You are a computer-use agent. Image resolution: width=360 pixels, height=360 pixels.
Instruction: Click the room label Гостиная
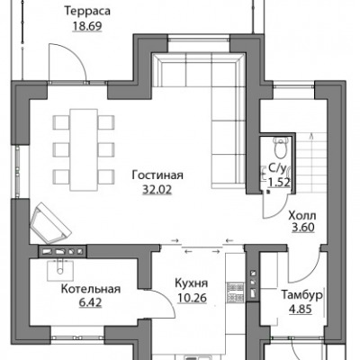pyautogui.click(x=157, y=175)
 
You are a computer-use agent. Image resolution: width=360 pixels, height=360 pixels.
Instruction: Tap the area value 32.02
pyautogui.click(x=157, y=190)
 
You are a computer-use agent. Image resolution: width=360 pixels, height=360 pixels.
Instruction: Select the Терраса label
pyautogui.click(x=87, y=11)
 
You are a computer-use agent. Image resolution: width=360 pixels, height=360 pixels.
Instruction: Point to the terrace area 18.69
pyautogui.click(x=87, y=26)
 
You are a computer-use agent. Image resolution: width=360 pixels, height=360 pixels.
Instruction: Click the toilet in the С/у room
pyautogui.click(x=282, y=148)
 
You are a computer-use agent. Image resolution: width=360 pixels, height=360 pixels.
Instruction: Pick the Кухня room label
pyautogui.click(x=191, y=283)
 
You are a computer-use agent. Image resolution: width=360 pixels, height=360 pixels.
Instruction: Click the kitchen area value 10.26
pyautogui.click(x=192, y=298)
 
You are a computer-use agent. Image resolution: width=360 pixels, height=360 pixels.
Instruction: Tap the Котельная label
pyautogui.click(x=91, y=289)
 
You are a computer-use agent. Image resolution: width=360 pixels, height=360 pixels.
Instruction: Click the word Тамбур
pyautogui.click(x=301, y=295)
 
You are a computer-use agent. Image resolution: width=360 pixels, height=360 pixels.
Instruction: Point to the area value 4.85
pyautogui.click(x=301, y=309)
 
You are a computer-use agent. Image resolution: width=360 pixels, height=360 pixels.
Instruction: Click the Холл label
pyautogui.click(x=302, y=215)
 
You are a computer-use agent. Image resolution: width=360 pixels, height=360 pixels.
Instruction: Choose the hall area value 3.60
pyautogui.click(x=303, y=228)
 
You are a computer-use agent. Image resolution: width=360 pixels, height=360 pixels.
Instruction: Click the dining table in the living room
pyautogui.click(x=84, y=149)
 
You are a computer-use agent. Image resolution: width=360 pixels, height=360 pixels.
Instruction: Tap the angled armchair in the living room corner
pyautogui.click(x=49, y=223)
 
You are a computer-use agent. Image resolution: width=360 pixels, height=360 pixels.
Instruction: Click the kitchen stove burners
pyautogui.click(x=236, y=292)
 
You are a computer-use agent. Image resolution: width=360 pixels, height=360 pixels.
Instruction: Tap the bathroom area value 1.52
pyautogui.click(x=279, y=182)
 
